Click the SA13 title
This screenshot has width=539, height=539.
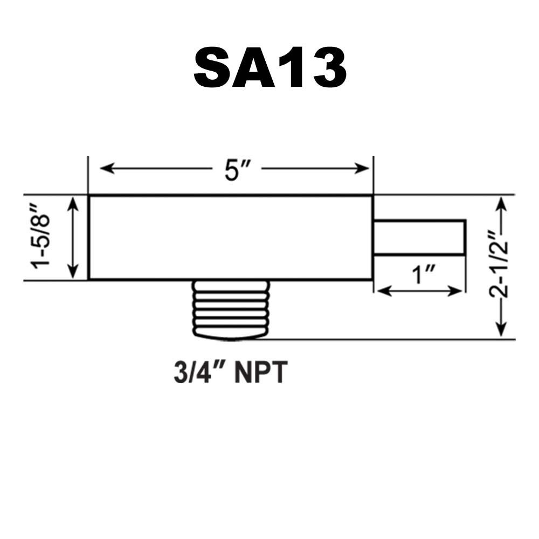(x=270, y=68)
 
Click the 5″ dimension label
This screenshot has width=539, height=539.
(x=237, y=170)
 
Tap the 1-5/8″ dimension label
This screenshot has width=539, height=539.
(x=41, y=237)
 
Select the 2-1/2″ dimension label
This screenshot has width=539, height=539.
(x=498, y=265)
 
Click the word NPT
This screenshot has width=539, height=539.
(x=260, y=372)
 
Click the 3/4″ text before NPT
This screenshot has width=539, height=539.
(x=201, y=372)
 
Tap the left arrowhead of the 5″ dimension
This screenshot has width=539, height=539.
(x=107, y=169)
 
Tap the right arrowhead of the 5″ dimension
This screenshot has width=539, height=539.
(x=362, y=169)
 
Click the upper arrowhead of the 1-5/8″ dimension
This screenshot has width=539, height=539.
(x=73, y=204)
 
